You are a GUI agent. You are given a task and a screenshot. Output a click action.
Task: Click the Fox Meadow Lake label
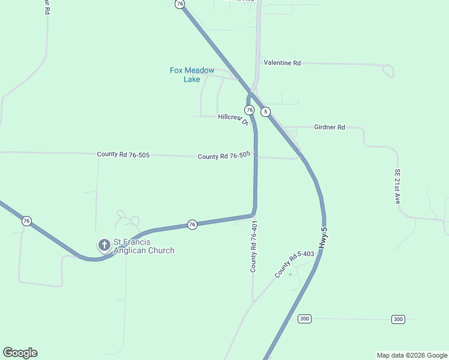pyautogui.click(x=191, y=74)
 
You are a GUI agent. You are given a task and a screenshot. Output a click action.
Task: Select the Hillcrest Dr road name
pyautogui.click(x=233, y=118)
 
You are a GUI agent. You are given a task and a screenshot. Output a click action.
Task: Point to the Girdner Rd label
pyautogui.click(x=330, y=127)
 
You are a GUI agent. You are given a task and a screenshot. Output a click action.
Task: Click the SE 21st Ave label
pyautogui.click(x=397, y=186)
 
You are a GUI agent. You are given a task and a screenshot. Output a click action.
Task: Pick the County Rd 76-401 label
pyautogui.click(x=254, y=246)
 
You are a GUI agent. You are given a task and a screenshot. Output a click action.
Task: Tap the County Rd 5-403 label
pyautogui.click(x=294, y=263)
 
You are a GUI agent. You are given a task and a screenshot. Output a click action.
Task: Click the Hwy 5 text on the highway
pyautogui.click(x=324, y=238)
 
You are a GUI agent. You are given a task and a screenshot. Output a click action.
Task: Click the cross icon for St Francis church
pyautogui.click(x=104, y=245)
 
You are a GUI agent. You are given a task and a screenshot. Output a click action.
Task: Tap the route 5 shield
pyautogui.click(x=266, y=112)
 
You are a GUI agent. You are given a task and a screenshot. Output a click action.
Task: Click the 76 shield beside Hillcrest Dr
pyautogui.click(x=249, y=110)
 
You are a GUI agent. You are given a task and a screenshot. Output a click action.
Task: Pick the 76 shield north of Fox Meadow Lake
pyautogui.click(x=179, y=4)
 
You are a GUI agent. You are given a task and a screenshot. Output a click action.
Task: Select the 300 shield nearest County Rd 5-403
pyautogui.click(x=305, y=319)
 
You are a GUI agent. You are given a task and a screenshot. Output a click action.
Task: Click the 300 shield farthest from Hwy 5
pyautogui.click(x=398, y=319)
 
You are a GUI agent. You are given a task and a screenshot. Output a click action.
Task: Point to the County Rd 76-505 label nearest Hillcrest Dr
pyautogui.click(x=224, y=156)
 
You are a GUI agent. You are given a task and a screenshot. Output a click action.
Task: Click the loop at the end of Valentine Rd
pyautogui.click(x=388, y=71)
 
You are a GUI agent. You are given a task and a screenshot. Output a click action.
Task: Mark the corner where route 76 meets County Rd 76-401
pyautogui.click(x=255, y=213)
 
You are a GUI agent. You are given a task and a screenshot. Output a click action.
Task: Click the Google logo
pyautogui.click(x=20, y=353)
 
